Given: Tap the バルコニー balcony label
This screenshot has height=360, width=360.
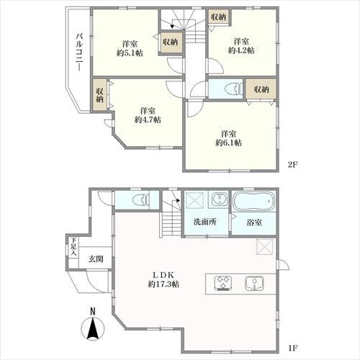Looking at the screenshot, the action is pos(79,53).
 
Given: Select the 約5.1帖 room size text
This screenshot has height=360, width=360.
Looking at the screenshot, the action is pos(130,53).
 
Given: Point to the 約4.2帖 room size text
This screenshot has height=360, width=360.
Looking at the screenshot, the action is pos(241,50).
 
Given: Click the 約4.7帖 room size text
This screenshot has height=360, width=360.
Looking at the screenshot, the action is pos(148,120).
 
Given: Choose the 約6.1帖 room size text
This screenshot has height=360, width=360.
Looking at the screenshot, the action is pos(228,143).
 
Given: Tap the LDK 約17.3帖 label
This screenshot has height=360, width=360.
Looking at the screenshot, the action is pos(163,279).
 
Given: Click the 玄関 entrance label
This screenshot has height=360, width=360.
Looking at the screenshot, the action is pos(96,258).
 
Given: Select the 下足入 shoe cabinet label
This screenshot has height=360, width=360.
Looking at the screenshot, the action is pos(73,246).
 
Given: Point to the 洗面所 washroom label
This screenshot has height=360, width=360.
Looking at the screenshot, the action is pos(205,222).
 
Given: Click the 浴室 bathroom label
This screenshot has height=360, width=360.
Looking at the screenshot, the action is pos(254,222).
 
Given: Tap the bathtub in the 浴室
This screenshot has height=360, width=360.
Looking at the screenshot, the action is pos(253,201).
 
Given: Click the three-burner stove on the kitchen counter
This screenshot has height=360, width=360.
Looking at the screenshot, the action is pos(223,283).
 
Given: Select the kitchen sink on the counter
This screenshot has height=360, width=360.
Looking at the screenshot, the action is pos(254,283).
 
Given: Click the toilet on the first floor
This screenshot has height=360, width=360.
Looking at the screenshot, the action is pos(141,200).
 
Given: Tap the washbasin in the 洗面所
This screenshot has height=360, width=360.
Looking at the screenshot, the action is pos(220,199).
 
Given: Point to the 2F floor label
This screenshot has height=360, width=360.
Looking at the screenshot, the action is pos(293,165).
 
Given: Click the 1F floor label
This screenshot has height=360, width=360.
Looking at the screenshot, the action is pos(293,348).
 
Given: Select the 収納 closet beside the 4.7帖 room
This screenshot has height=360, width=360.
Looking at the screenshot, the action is pos(100,95).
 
